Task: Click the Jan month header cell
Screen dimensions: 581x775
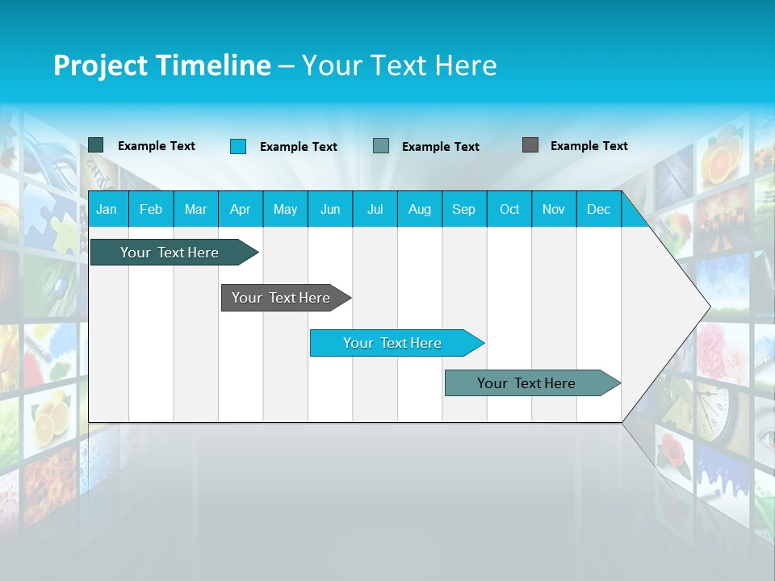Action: pos(107,209)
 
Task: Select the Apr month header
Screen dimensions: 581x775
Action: pos(241,209)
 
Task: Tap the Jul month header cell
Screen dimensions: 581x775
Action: pos(375,209)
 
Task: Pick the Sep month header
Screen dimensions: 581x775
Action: pos(463,209)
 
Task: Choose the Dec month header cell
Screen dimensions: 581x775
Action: pos(598,209)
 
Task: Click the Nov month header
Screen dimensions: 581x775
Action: pos(554,209)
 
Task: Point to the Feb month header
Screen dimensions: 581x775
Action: pos(151,209)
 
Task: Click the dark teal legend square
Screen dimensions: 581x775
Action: pos(96,145)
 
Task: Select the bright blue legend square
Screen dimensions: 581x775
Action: pos(238,146)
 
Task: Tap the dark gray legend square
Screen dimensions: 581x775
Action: pos(530,145)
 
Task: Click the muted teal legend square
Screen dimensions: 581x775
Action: pos(381,146)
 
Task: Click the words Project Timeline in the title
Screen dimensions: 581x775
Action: pos(162,65)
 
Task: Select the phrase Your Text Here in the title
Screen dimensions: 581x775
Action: pos(400,65)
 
